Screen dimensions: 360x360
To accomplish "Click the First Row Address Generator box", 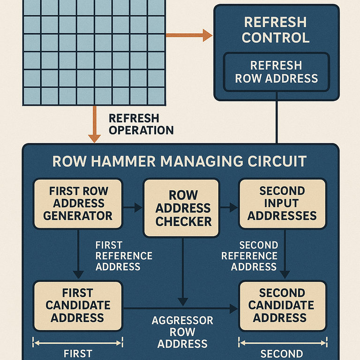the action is click(78, 203).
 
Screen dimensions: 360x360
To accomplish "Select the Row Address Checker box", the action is click(181, 208).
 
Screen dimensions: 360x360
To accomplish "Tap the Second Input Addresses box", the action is click(283, 203).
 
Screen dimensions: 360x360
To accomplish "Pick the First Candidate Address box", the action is click(78, 306).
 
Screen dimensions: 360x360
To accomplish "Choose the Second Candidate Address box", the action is click(283, 306).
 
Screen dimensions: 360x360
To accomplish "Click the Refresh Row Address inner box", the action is click(277, 72).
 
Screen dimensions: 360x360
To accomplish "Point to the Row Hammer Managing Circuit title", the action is click(180, 161).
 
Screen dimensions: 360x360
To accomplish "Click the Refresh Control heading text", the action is click(276, 30).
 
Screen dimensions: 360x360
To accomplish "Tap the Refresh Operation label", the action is click(141, 124).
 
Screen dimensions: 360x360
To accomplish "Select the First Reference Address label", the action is click(124, 256).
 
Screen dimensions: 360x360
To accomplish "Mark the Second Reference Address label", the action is click(249, 256).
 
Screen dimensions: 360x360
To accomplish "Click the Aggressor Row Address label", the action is click(182, 332).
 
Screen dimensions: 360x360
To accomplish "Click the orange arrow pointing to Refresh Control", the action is click(189, 35).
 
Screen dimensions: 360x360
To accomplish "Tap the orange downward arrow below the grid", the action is click(94, 124).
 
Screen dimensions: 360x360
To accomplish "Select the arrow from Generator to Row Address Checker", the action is click(133, 208).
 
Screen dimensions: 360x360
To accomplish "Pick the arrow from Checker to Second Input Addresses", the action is click(229, 208).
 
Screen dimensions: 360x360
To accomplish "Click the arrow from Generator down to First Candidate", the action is click(78, 254).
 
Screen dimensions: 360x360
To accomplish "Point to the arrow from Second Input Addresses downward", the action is click(285, 254).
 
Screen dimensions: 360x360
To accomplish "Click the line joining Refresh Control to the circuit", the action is click(277, 118).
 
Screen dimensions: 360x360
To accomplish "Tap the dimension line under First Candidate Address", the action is click(78, 343).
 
